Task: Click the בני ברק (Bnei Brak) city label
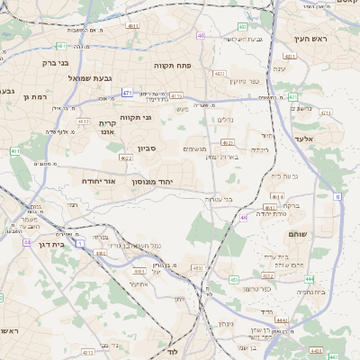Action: tap(57, 63)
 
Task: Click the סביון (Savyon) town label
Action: tap(147, 148)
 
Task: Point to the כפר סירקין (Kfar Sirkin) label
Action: tap(244, 82)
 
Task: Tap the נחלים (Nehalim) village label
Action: tap(225, 120)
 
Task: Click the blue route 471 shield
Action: tap(127, 93)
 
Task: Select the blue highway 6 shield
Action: tap(337, 195)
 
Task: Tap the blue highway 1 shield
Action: tap(79, 243)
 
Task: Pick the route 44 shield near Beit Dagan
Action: tap(27, 242)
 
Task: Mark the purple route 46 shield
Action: tap(243, 217)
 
